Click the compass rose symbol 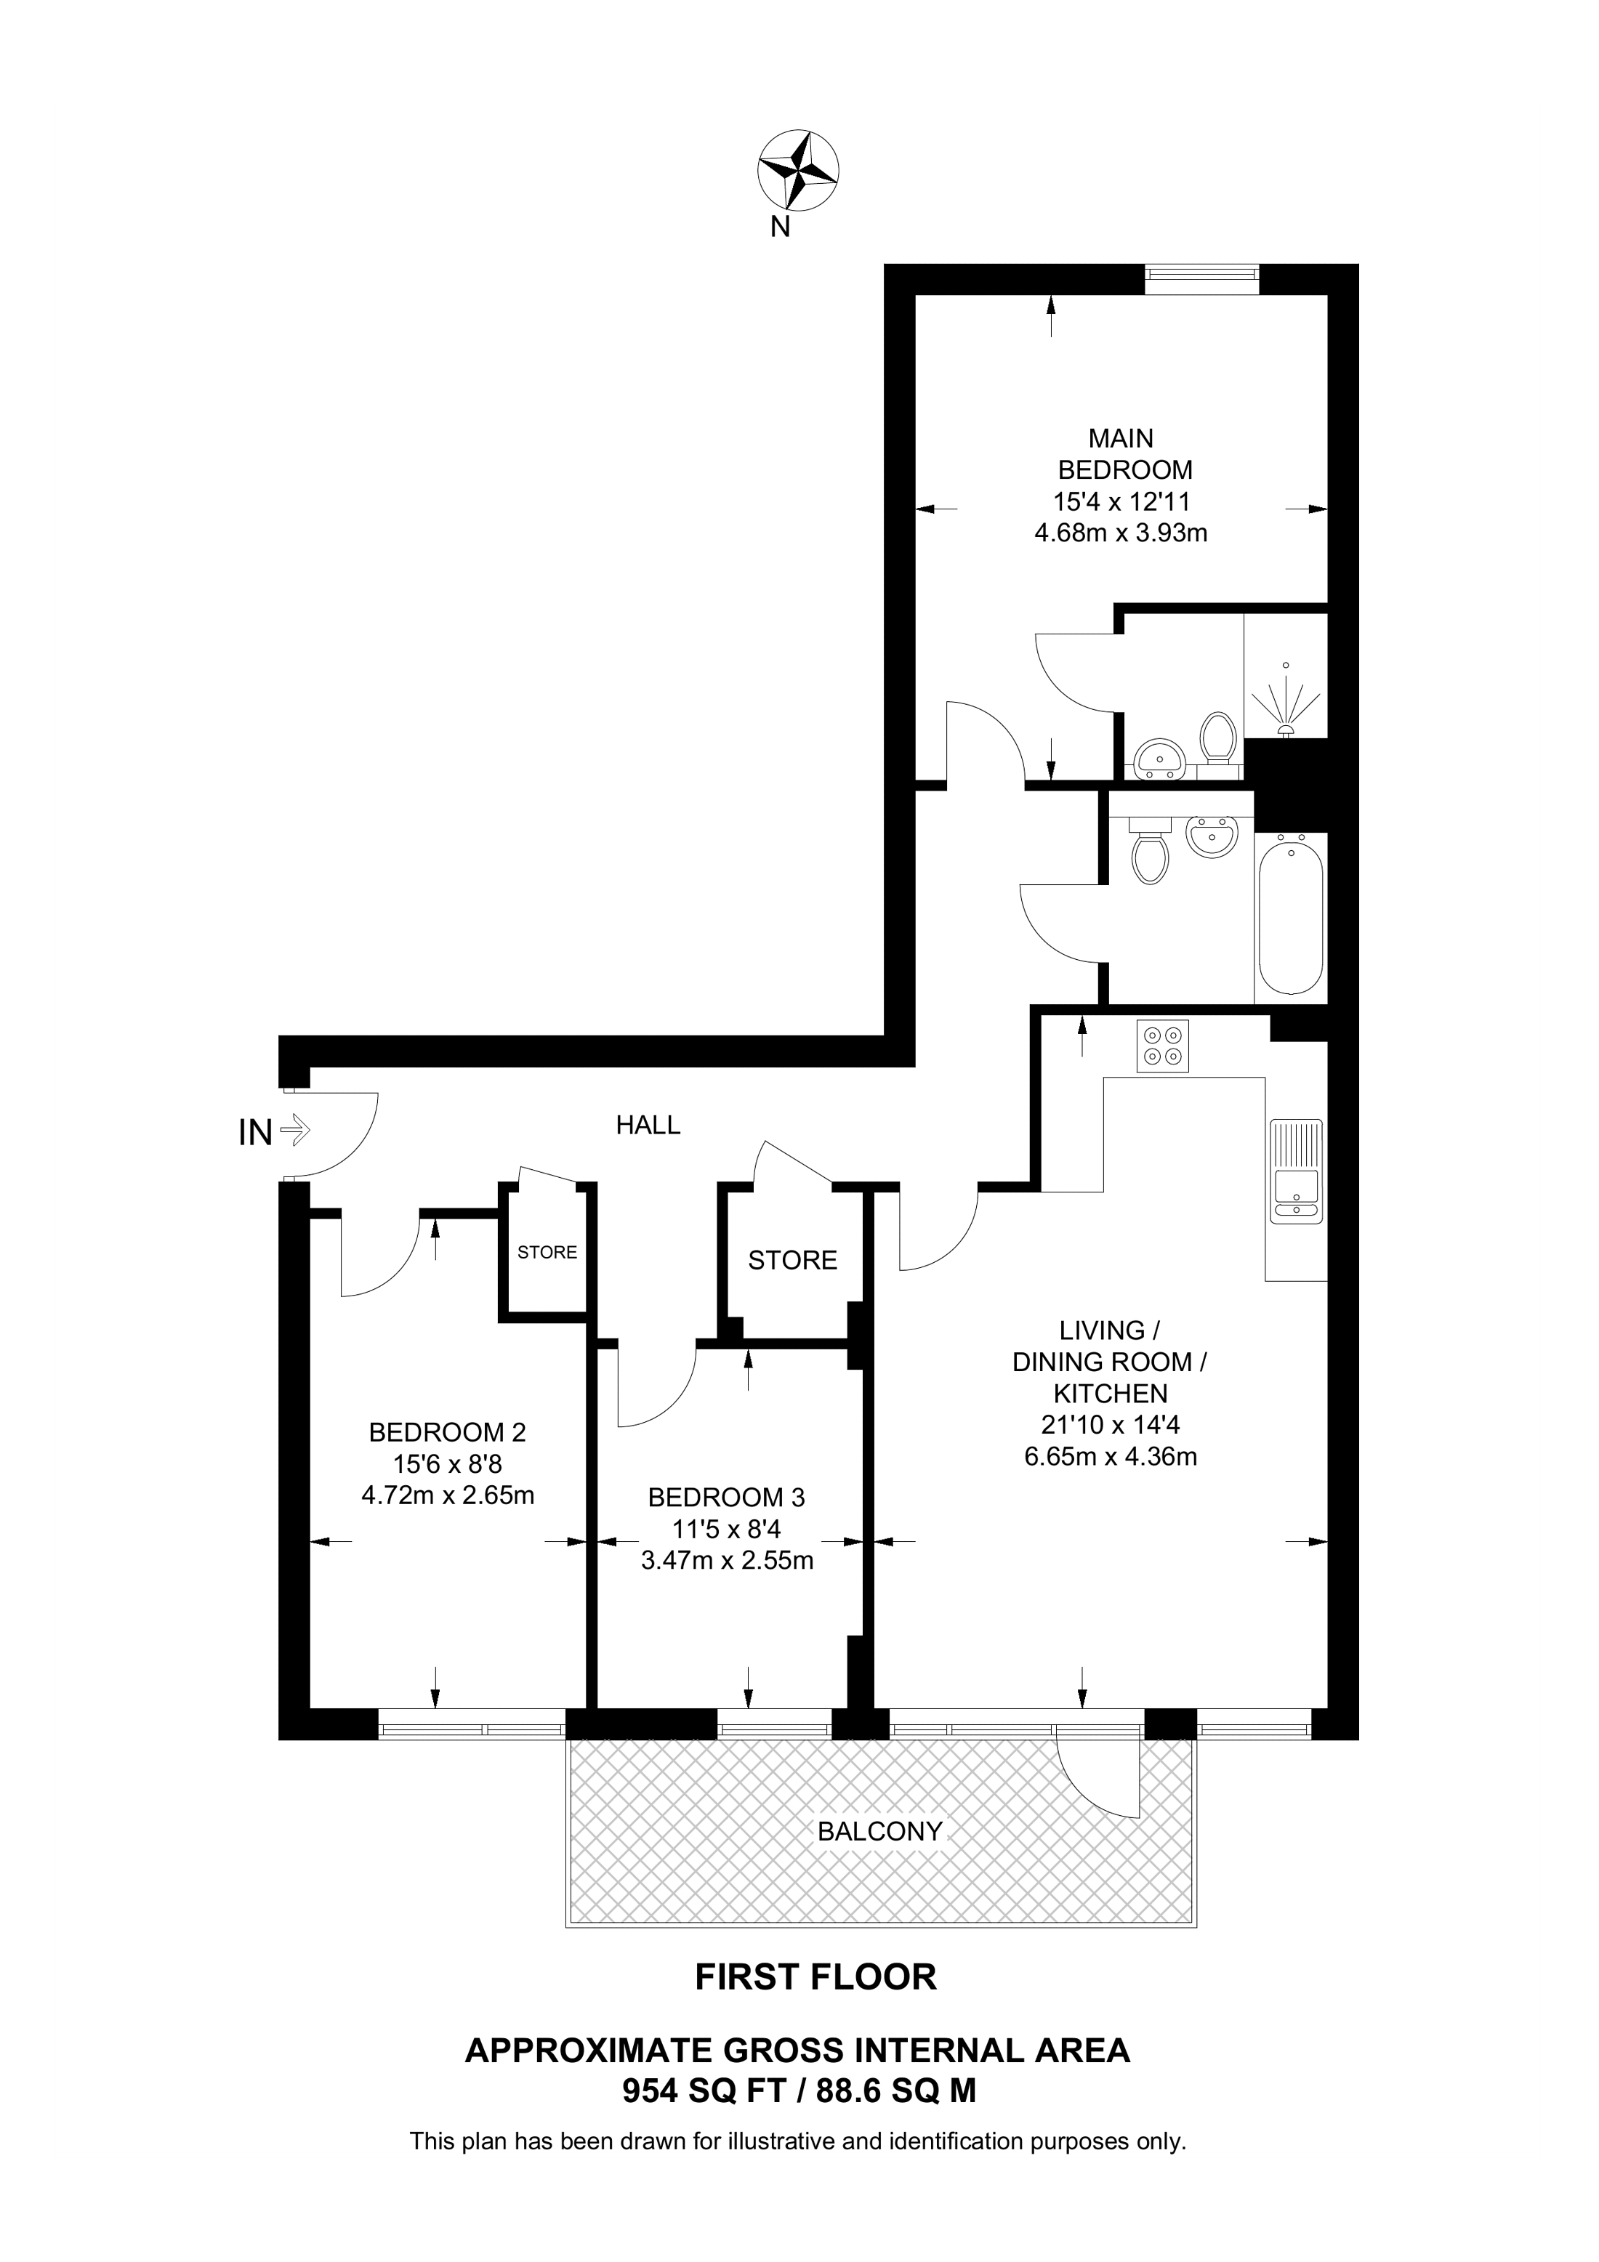pos(798,171)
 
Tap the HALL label pos(648,1125)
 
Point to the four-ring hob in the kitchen pos(1164,1046)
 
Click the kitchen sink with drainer pos(1297,1171)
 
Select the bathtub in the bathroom pos(1291,917)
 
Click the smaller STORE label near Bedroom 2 pos(548,1252)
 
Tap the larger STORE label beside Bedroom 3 pos(792,1260)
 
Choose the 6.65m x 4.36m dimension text pos(1111,1457)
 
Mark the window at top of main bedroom pos(1202,280)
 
